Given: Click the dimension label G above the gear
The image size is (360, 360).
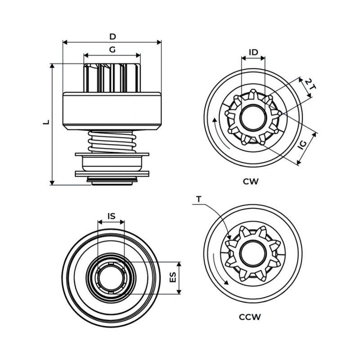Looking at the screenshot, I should (x=112, y=49).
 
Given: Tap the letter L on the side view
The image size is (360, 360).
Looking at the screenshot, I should (x=45, y=122).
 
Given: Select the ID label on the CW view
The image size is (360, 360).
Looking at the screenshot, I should (x=253, y=52).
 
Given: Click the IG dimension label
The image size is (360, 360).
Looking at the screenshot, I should (x=303, y=144).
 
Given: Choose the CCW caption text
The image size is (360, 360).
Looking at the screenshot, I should (x=250, y=316).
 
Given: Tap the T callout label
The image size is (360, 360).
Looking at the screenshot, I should (x=199, y=198).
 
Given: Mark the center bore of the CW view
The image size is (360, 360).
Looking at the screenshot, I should (x=253, y=118).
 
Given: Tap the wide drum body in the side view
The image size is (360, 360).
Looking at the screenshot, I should (x=112, y=109).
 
